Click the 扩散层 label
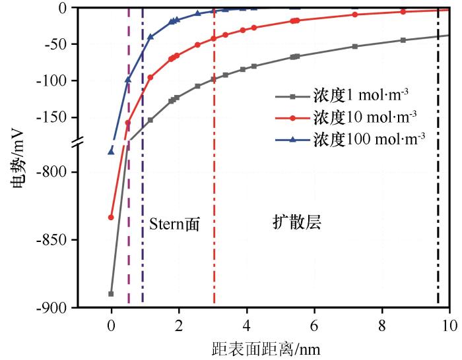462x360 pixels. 296,222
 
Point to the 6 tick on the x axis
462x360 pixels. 314,325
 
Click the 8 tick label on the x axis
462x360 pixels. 382,325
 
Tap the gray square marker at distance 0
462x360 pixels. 111,293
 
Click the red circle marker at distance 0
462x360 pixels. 111,218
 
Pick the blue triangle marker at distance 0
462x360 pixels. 111,151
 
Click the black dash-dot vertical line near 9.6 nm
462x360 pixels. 438,198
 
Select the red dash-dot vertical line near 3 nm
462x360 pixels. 214,198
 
